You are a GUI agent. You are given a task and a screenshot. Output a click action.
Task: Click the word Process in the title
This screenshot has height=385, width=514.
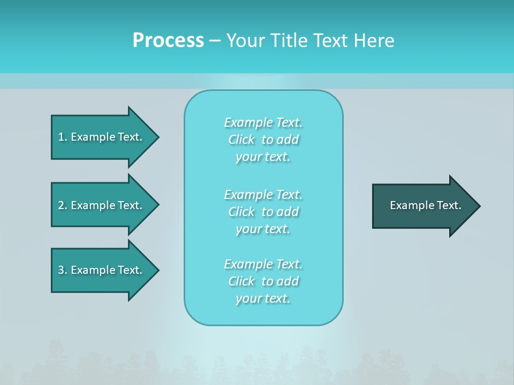point(168,41)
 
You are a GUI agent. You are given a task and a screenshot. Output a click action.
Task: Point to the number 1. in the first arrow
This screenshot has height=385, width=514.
point(62,137)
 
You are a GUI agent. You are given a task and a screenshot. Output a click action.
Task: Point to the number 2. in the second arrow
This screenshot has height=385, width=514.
point(62,205)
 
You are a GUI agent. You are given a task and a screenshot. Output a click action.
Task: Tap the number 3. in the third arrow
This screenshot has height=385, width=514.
point(62,270)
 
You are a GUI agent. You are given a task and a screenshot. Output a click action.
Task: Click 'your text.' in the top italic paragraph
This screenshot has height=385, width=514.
point(263,157)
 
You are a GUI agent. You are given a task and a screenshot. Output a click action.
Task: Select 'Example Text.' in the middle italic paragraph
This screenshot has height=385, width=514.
point(263,194)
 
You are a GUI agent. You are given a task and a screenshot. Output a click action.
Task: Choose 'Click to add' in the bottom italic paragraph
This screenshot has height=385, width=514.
point(263,281)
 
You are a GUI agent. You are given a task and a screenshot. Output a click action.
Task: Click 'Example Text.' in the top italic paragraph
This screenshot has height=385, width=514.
point(263,122)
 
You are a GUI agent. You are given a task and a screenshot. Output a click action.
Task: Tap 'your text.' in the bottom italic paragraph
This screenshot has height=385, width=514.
point(263,298)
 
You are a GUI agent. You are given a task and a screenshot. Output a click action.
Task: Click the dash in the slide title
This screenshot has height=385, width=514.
point(215,41)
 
